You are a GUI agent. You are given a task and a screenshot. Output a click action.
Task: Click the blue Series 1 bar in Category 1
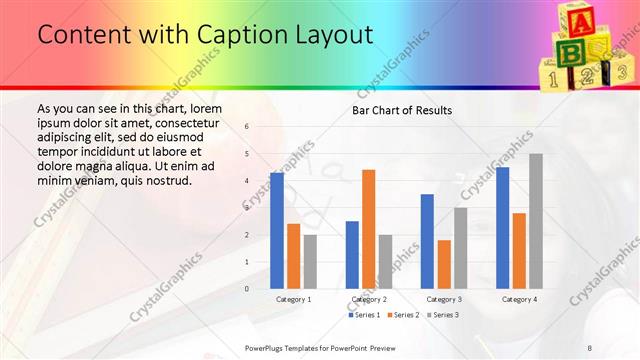[277, 231]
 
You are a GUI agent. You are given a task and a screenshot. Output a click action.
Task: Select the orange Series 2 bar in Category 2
[368, 229]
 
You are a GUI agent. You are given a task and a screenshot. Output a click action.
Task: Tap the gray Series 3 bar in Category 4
[536, 221]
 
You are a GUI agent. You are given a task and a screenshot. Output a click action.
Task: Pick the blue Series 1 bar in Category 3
[427, 241]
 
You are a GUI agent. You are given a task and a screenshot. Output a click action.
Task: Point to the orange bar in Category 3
[444, 264]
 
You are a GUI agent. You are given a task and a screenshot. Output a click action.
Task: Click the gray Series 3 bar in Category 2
[385, 261]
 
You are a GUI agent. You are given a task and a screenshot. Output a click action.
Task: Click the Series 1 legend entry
[364, 315]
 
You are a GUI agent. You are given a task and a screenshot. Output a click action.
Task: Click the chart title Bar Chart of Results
[401, 110]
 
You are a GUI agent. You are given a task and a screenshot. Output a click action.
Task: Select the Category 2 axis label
[369, 299]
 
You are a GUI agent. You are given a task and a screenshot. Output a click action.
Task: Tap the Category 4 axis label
[519, 299]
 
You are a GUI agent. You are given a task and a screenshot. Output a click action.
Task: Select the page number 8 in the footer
[590, 346]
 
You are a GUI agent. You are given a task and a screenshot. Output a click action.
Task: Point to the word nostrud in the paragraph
[161, 181]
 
